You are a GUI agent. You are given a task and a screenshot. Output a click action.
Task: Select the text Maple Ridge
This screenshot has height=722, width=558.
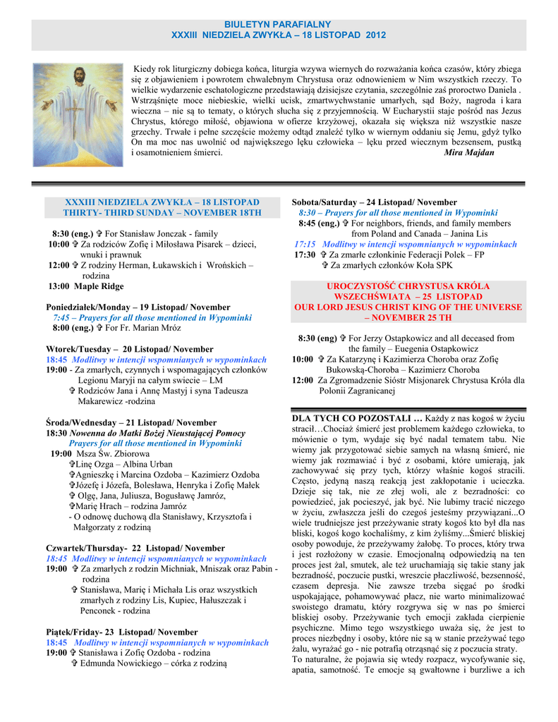click(x=95, y=286)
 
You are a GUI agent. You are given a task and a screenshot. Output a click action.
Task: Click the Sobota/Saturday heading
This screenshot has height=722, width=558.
click(x=375, y=202)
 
